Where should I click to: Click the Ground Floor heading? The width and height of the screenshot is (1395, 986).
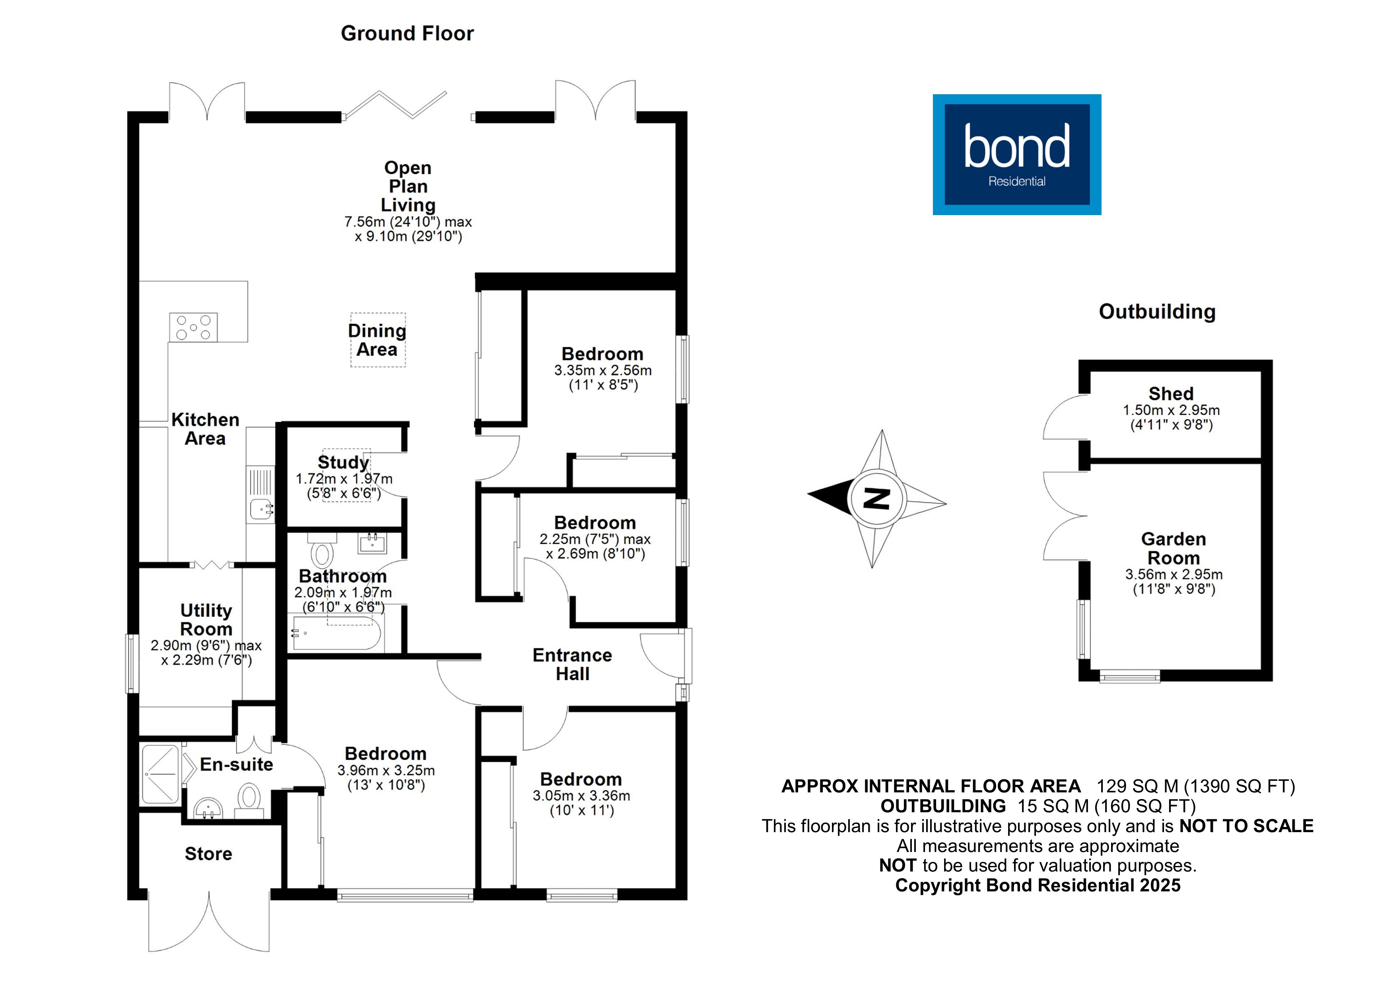(x=407, y=33)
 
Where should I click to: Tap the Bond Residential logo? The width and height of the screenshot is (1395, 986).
(x=1016, y=154)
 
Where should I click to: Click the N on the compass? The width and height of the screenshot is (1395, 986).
(x=876, y=499)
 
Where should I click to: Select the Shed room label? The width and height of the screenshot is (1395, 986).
(x=1171, y=394)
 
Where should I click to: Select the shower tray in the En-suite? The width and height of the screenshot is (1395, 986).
(x=160, y=774)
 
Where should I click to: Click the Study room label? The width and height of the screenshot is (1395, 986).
(x=343, y=462)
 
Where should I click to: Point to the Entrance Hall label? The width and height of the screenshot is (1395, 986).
(x=572, y=664)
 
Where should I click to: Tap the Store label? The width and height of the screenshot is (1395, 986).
(x=208, y=854)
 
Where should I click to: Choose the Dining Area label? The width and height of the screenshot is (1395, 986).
(x=377, y=340)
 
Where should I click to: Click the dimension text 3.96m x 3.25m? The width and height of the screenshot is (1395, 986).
(x=386, y=771)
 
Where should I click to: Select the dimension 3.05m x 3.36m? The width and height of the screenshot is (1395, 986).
(x=581, y=796)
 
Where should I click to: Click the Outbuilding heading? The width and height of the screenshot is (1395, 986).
(x=1157, y=312)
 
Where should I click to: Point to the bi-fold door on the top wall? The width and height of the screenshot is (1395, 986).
(x=395, y=105)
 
